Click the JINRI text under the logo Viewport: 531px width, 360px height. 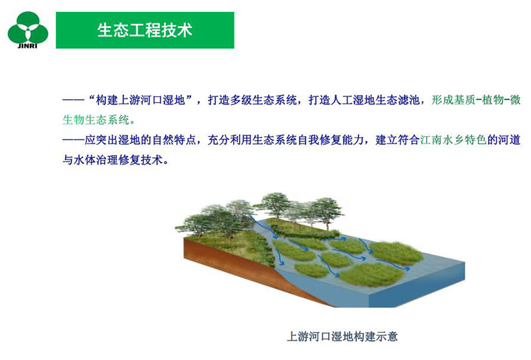[27, 46]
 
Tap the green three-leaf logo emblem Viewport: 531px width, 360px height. [28, 28]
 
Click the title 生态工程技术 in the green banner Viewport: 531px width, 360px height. [145, 30]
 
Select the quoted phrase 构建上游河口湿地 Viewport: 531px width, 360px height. [140, 100]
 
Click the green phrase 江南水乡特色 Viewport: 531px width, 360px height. [453, 139]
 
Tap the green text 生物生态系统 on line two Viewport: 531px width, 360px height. [96, 120]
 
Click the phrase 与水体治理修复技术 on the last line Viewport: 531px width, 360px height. [112, 159]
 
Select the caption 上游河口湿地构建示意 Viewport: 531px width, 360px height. [342, 337]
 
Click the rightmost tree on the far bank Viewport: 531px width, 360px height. [326, 212]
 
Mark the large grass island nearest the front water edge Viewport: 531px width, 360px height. [372, 274]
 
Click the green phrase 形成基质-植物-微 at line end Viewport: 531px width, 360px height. [476, 100]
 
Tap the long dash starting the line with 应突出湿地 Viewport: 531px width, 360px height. [73, 139]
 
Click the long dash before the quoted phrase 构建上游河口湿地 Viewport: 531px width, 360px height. [73, 100]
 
